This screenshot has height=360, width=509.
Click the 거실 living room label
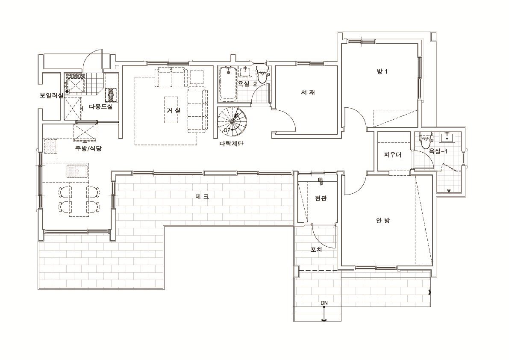click(174, 110)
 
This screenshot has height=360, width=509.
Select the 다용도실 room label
click(100, 106)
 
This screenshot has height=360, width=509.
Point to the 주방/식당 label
click(88, 148)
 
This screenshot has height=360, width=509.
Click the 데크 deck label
click(202, 196)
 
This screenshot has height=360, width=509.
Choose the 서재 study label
click(308, 92)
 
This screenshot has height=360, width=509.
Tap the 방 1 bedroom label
click(382, 71)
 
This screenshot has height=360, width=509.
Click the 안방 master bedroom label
click(383, 221)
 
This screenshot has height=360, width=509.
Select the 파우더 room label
click(392, 155)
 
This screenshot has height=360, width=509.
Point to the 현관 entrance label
click(321, 198)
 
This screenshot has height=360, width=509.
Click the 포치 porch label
click(316, 250)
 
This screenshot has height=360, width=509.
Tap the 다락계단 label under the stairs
click(231, 144)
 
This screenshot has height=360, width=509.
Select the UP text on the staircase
click(227, 130)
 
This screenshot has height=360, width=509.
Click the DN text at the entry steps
click(324, 303)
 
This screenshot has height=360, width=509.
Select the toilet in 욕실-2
click(262, 75)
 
